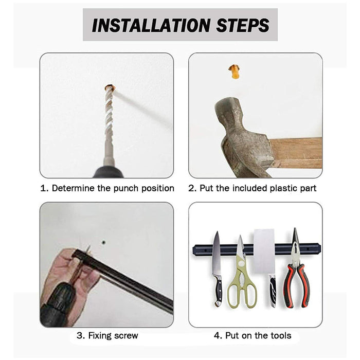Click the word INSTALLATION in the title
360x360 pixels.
[x=151, y=25]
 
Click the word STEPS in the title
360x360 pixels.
[x=243, y=25]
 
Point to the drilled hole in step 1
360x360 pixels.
[x=110, y=87]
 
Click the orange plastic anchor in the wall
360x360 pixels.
[x=234, y=71]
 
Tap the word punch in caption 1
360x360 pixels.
[x=126, y=189]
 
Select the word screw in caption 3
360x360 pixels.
[x=126, y=336]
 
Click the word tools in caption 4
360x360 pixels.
[x=281, y=336]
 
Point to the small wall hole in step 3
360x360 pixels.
[x=103, y=242]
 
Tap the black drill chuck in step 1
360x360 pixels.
[x=109, y=172]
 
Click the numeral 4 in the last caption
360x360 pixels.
[x=217, y=336]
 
